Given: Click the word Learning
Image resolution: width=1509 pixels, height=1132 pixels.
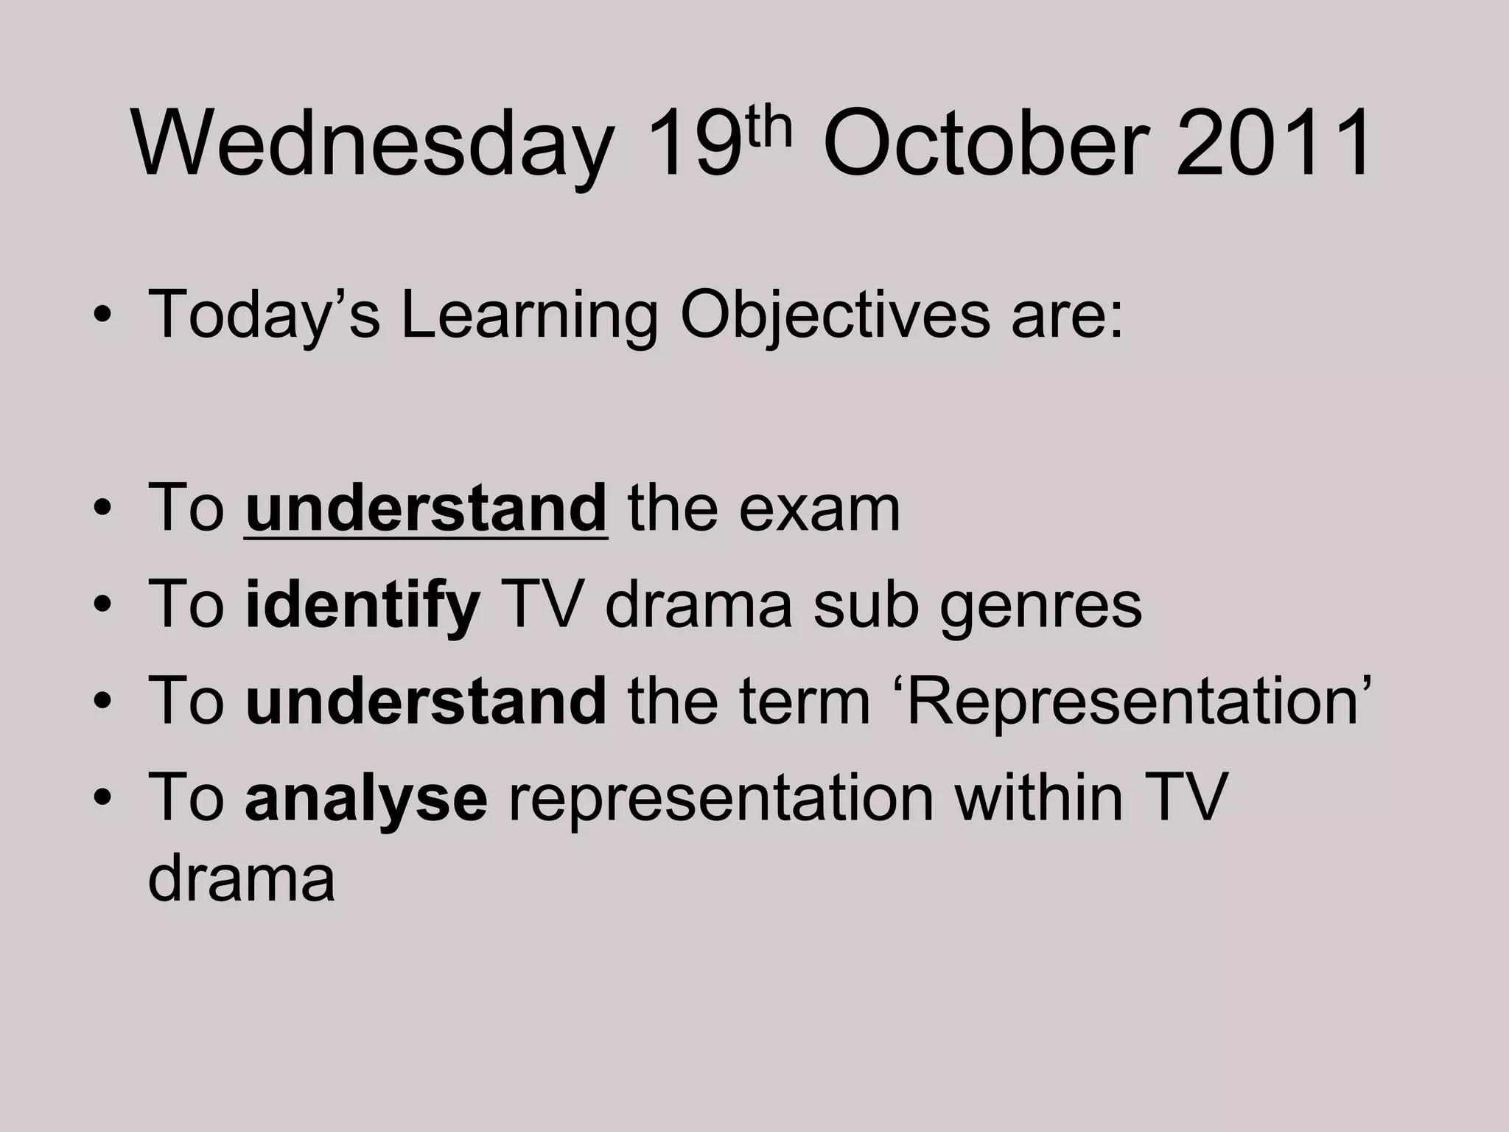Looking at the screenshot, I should (x=528, y=315).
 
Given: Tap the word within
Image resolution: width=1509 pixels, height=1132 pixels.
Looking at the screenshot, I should (x=1039, y=797).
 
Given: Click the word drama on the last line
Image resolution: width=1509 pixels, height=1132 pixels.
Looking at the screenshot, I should (x=241, y=878).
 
